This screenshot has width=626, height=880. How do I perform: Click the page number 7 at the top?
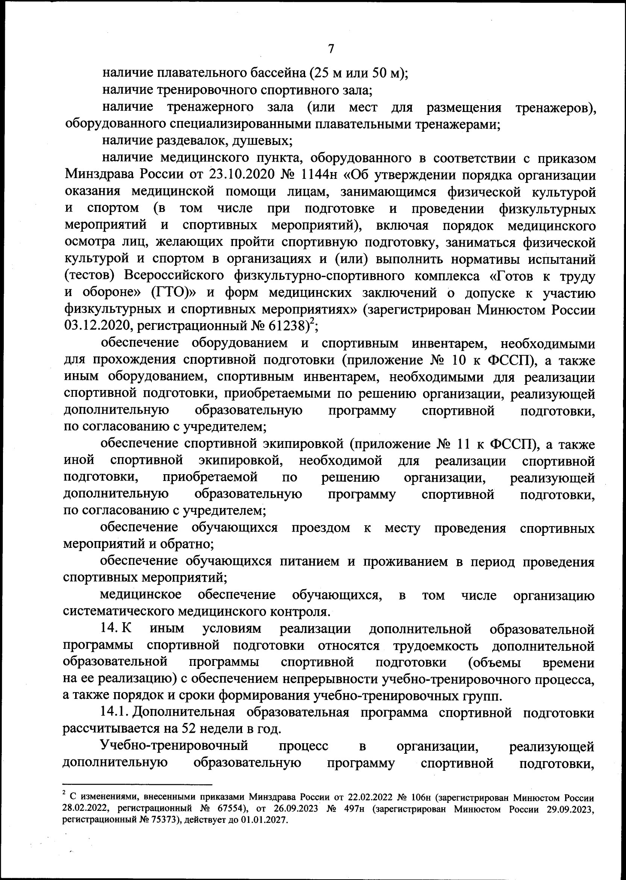(x=331, y=49)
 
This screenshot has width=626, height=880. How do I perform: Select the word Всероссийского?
(x=174, y=276)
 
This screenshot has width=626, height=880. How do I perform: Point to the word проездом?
(x=320, y=528)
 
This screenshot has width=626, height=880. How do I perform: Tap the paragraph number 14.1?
(x=115, y=713)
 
